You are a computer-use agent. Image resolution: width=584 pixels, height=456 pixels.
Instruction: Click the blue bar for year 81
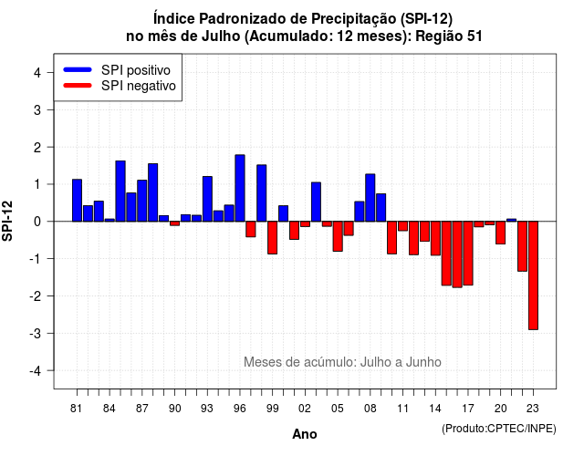coord(77,201)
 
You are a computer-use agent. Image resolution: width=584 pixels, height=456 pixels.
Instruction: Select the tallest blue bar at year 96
coord(240,188)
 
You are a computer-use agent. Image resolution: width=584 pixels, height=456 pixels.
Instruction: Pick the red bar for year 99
coord(273,237)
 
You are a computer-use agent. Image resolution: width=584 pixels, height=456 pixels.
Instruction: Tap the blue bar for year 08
coord(370,198)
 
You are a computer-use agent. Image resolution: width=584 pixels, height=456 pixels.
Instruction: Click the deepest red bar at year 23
coord(533,275)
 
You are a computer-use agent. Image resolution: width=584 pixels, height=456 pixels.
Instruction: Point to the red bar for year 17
coord(468,254)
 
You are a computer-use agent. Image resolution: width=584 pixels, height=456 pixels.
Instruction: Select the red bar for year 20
coord(501,233)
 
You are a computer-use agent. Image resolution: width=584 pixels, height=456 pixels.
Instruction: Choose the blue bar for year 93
coord(207,199)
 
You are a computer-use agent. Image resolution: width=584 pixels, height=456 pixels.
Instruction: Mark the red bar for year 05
coord(338,236)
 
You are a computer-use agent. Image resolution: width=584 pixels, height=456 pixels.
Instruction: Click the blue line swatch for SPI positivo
coord(78,69)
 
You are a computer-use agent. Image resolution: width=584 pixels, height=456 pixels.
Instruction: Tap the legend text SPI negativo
coord(139,86)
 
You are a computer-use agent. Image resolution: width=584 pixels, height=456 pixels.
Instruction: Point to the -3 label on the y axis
coord(36,333)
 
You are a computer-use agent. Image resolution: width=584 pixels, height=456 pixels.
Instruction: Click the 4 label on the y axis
coord(37,73)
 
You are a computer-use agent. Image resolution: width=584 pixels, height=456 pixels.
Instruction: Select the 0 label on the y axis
coord(37,222)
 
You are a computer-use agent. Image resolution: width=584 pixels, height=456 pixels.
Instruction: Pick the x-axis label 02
coord(305,409)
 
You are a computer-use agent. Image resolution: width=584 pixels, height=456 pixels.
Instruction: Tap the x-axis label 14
coord(435,409)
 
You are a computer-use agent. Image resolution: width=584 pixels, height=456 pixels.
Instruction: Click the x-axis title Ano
coord(305,434)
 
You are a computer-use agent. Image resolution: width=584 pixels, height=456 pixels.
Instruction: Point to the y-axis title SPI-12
coord(7,221)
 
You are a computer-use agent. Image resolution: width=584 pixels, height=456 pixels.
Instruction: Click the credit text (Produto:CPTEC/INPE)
coord(499,429)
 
